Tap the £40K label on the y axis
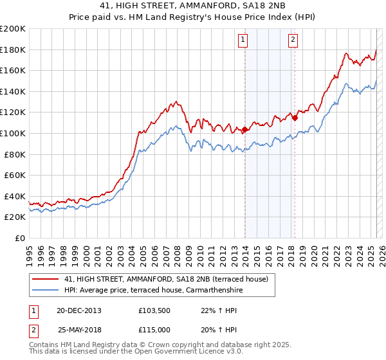pyautogui.click(x=15, y=196)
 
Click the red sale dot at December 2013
pyautogui.click(x=244, y=130)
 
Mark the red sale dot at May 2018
pyautogui.click(x=295, y=118)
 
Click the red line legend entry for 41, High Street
pyautogui.click(x=170, y=279)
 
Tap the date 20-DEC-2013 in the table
pyautogui.click(x=78, y=310)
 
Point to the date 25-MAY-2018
pyautogui.click(x=78, y=329)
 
